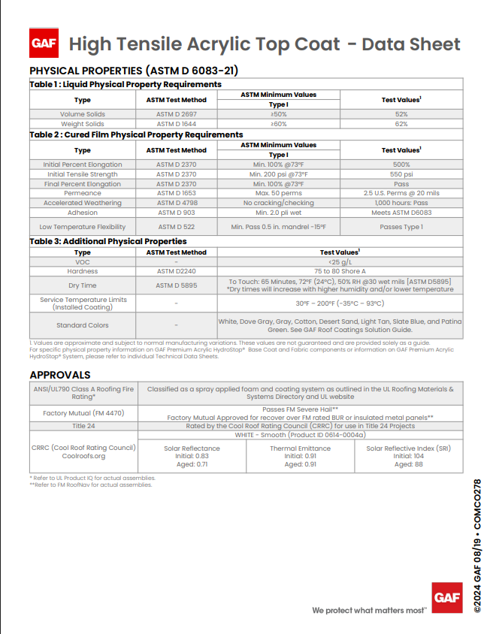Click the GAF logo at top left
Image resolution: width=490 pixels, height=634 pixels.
pos(43,43)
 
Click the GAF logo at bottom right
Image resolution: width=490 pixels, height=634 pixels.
pos(446,597)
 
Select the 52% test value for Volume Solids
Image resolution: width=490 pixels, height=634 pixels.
pos(401,114)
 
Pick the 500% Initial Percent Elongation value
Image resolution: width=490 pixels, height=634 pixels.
pos(401,164)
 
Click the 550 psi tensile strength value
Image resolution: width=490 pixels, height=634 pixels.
pos(401,174)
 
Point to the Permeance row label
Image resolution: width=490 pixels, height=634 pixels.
pos(83,193)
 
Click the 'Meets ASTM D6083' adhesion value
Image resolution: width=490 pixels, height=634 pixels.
pos(401,213)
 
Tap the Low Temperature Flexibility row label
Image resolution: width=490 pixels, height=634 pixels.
pos(83,226)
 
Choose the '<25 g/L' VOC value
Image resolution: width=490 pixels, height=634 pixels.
pos(340,261)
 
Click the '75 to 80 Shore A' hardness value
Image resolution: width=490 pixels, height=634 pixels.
pos(340,270)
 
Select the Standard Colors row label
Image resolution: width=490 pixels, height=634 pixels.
pos(83,325)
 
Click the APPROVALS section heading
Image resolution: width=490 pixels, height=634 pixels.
pos(60,374)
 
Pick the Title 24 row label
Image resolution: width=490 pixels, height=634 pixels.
pos(83,425)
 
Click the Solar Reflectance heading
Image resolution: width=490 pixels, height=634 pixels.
pos(192,448)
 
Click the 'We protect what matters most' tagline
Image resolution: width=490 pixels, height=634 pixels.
pos(369,610)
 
